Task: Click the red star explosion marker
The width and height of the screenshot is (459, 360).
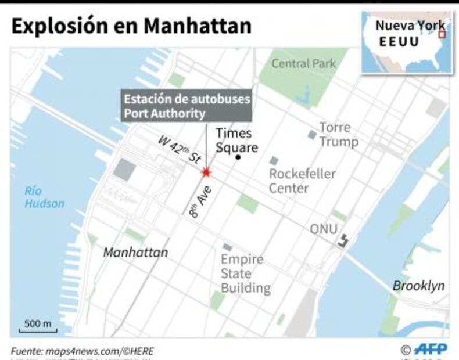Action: pos(206,172)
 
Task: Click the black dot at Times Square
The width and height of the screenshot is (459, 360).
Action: pos(237,157)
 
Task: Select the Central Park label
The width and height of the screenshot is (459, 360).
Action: pos(303,64)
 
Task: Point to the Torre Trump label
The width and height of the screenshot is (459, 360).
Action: pos(338,135)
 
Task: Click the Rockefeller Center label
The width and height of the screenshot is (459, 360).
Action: pos(302,181)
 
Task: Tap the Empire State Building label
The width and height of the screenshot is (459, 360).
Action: pos(245,273)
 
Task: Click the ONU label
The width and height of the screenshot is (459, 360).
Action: pos(323,229)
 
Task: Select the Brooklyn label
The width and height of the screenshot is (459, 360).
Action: pos(418,286)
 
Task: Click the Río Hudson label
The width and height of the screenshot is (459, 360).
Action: pos(45,197)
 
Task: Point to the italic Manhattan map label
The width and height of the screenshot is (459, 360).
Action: pos(135,253)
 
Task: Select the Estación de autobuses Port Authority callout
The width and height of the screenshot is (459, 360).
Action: pos(185,106)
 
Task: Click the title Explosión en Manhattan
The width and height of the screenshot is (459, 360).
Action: pos(131,26)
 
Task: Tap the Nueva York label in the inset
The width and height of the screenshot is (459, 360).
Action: pos(410,26)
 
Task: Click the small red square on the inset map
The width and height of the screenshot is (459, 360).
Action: pos(442,35)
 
